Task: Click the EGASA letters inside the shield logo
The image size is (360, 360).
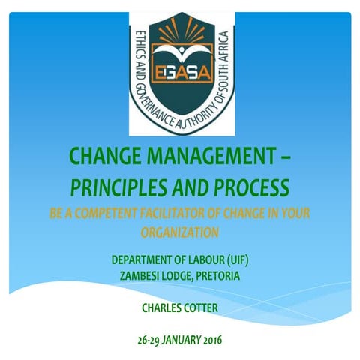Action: tap(180, 73)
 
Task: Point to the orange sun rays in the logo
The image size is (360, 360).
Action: tap(180, 34)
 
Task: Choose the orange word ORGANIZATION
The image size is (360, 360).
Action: tap(180, 232)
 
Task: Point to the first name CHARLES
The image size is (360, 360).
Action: tap(161, 307)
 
